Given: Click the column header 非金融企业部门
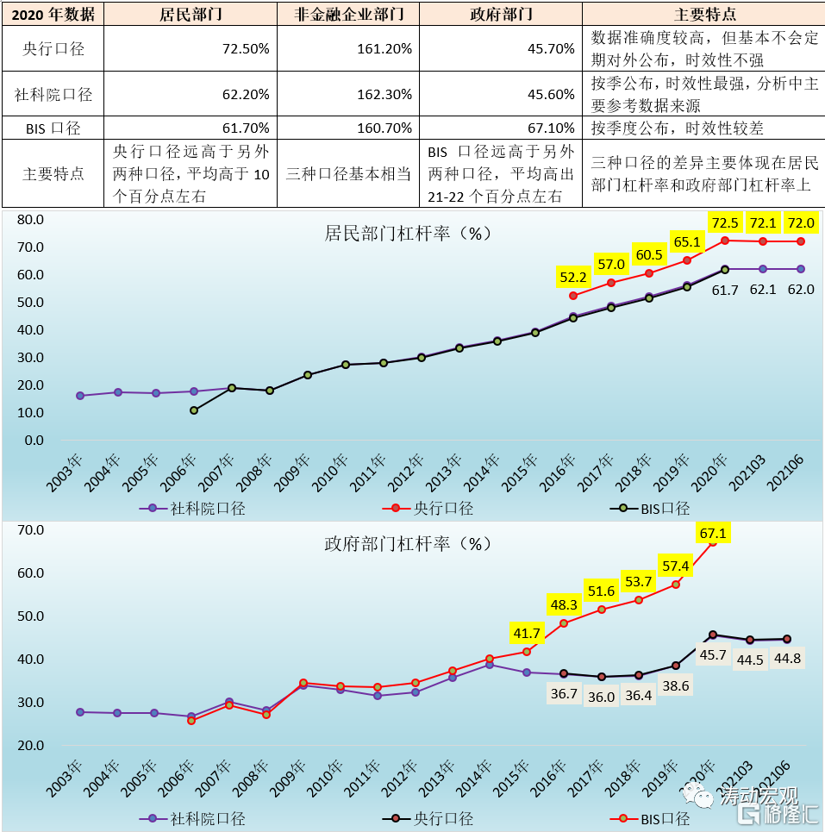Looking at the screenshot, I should point(348,15).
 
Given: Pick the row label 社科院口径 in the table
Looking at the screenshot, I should point(53,94).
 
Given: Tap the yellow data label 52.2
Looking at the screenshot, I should point(573,277).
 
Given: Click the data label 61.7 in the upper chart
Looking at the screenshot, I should point(725,290).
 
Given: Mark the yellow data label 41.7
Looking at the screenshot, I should point(526,633).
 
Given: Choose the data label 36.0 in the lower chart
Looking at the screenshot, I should point(601,697).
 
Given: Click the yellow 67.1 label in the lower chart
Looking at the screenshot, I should point(713,534).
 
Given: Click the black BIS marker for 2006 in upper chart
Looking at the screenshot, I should point(194,410).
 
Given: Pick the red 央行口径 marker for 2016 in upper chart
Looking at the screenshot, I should point(573,296).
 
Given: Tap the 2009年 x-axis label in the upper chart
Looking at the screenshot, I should point(293,473).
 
